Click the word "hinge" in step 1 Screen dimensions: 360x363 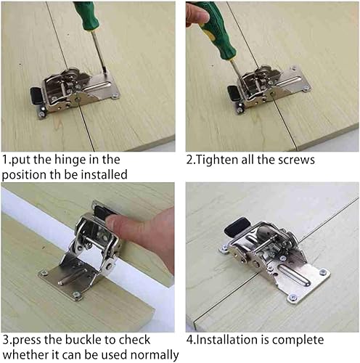pos(69,160)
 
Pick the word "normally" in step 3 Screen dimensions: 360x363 pos(155,356)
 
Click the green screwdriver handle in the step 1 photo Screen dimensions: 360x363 pos(86,15)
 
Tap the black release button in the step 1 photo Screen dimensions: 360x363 pos(36,94)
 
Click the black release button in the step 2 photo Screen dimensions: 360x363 pos(233,93)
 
